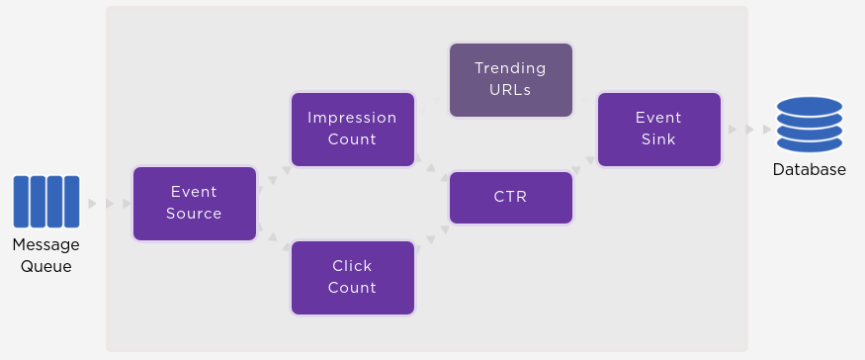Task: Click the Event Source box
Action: coord(194,203)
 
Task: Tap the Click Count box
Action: coord(352,277)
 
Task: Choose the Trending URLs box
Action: coord(510,79)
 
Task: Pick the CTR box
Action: coord(510,197)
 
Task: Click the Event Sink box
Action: coord(658,129)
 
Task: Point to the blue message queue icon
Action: coord(45,202)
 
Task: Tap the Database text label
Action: coord(809,169)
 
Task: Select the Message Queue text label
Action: coord(45,255)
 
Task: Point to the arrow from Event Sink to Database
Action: coord(748,130)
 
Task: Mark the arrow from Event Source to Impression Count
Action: coord(274,176)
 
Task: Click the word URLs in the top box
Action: coord(510,90)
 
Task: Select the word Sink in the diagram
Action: coord(658,139)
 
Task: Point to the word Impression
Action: coord(352,118)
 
